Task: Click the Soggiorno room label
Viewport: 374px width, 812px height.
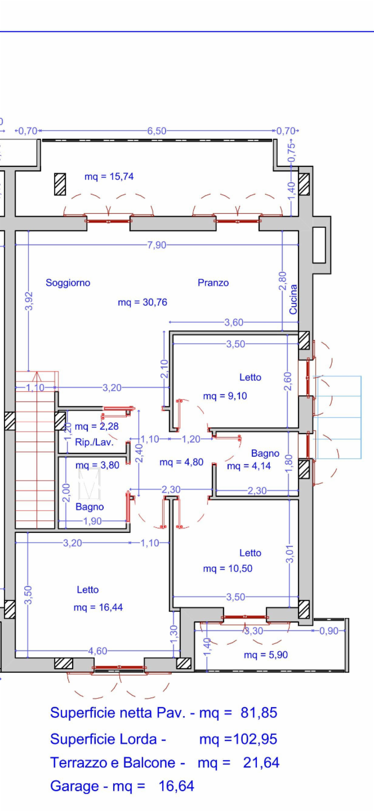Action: click(68, 283)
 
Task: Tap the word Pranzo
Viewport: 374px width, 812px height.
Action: click(213, 283)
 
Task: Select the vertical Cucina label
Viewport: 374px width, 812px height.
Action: click(293, 299)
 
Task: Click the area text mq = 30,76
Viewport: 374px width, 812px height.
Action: click(143, 302)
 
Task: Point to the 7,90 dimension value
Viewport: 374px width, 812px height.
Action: click(157, 245)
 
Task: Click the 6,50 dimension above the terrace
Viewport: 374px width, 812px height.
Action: click(157, 131)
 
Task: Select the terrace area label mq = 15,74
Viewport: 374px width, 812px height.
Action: click(109, 176)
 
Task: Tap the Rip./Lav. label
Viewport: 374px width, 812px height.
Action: click(94, 442)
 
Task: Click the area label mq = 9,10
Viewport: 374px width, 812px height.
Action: click(225, 396)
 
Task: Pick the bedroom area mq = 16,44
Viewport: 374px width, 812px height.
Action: click(98, 607)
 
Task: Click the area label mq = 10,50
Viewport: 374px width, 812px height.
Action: click(228, 568)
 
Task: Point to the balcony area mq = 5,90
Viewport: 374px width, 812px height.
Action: click(266, 655)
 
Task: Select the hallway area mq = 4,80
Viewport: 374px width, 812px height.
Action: click(181, 462)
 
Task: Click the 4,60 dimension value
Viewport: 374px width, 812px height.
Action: click(98, 651)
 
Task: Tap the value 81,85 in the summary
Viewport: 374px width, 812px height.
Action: click(259, 713)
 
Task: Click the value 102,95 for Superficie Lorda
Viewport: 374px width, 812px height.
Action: click(255, 739)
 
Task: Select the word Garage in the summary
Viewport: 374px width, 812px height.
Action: click(74, 786)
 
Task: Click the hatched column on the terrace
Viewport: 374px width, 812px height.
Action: click(60, 184)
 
